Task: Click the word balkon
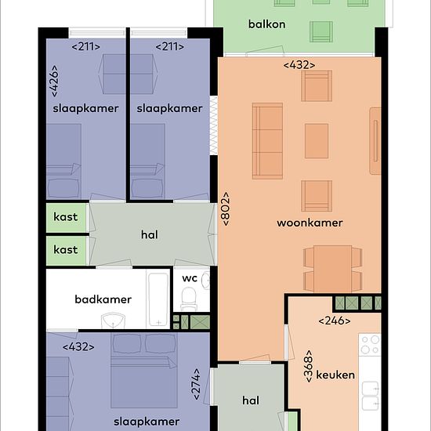pyautogui.click(x=266, y=24)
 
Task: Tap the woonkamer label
pyautogui.click(x=310, y=223)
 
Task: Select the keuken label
pyautogui.click(x=335, y=375)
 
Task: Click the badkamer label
pyautogui.click(x=103, y=299)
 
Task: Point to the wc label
pyautogui.click(x=190, y=278)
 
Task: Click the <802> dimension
pyautogui.click(x=226, y=209)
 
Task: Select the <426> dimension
pyautogui.click(x=55, y=81)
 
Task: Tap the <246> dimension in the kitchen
pyautogui.click(x=335, y=321)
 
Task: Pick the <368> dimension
pyautogui.click(x=309, y=366)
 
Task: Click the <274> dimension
pyautogui.click(x=197, y=384)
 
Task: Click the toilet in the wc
pyautogui.click(x=189, y=299)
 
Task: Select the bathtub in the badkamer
pyautogui.click(x=158, y=299)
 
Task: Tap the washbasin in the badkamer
pyautogui.click(x=114, y=321)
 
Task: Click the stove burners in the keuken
pyautogui.click(x=370, y=345)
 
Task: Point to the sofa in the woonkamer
pyautogui.click(x=267, y=141)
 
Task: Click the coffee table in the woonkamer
pyautogui.click(x=317, y=141)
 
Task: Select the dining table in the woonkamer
pyautogui.click(x=332, y=269)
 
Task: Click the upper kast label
pyautogui.click(x=65, y=217)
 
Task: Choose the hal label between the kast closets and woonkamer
pyautogui.click(x=150, y=235)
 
